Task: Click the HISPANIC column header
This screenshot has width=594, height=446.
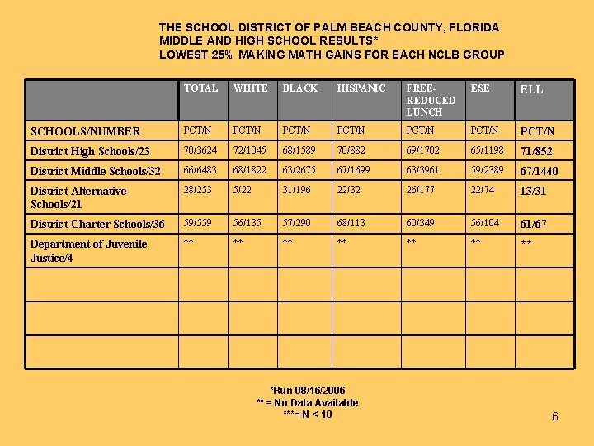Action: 361,88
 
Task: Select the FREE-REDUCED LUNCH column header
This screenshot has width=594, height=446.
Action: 430,100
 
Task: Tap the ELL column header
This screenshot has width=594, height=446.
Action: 532,89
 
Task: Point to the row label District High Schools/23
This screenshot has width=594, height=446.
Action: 90,151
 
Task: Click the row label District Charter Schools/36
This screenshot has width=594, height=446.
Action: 97,224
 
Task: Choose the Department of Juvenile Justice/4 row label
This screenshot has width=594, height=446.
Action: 88,251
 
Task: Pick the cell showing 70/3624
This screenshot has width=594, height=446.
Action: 200,151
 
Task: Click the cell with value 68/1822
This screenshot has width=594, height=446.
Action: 250,171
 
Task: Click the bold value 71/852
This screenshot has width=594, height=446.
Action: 536,152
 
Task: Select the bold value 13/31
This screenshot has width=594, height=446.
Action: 533,192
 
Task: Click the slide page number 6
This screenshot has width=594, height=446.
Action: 554,416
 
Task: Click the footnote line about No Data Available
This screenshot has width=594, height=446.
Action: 307,403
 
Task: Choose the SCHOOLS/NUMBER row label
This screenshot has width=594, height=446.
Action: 85,131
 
